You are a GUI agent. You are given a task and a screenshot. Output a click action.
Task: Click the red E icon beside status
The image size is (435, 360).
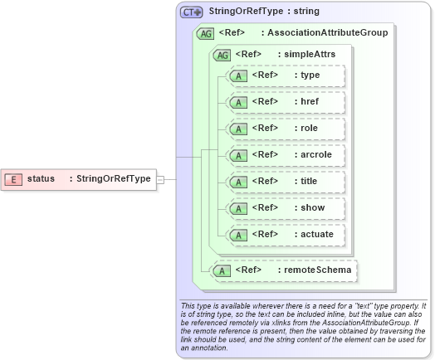[x=14, y=178]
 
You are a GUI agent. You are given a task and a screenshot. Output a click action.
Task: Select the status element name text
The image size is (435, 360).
[x=41, y=178]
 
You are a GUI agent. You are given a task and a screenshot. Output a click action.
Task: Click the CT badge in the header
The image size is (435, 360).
[x=192, y=12]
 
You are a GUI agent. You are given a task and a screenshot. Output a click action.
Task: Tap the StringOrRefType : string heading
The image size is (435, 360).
[x=263, y=12]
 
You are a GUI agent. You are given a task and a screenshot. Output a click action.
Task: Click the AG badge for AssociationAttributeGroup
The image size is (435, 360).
[x=204, y=34]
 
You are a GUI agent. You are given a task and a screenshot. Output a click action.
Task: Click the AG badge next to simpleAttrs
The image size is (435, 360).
[x=222, y=55]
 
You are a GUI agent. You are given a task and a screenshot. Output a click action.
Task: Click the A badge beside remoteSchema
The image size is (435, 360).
[x=221, y=270]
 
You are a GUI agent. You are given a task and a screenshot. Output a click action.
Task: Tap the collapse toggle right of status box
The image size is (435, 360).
[x=161, y=178]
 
